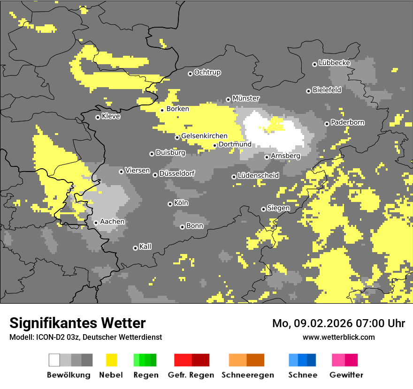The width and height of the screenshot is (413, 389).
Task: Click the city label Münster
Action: point(246,98)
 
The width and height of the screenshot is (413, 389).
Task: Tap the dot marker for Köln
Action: point(170,204)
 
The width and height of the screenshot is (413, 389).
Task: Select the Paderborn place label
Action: point(348,123)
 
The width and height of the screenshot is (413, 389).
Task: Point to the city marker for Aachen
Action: point(96,223)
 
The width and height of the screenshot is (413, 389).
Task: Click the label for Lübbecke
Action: point(335,63)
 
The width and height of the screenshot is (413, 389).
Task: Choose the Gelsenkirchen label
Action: point(204,136)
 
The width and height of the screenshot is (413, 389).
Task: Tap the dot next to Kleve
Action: point(98,117)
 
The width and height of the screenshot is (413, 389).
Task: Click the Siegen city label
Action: point(279,208)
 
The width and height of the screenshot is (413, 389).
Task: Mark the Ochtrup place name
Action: point(207,73)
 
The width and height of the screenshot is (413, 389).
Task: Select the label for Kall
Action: point(145,247)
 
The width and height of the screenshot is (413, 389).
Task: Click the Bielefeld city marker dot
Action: point(308,91)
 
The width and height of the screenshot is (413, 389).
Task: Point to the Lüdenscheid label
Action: point(259,176)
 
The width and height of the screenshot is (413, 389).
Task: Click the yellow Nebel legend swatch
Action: point(111,360)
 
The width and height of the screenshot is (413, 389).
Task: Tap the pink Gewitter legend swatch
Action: point(345,360)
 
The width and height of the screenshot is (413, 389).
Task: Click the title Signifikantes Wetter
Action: point(77,323)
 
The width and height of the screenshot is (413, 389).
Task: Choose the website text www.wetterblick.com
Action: point(339,337)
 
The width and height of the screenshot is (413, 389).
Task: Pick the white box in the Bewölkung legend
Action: point(54,360)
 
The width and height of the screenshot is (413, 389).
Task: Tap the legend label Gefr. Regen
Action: point(191,375)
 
